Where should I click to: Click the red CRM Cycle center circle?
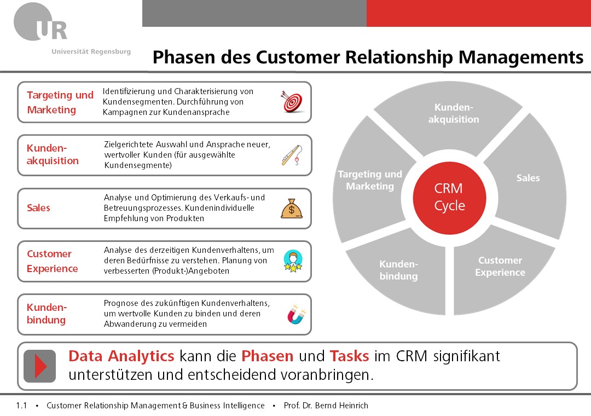click(x=449, y=197)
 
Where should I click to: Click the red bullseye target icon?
click(x=292, y=102)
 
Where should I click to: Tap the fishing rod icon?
click(x=292, y=155)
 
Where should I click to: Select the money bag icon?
click(x=292, y=208)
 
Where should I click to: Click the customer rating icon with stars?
click(x=293, y=261)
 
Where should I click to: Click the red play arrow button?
click(x=40, y=366)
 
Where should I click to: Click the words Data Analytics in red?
click(x=121, y=356)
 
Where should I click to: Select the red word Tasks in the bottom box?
click(x=349, y=356)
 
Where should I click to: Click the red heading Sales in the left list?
click(x=38, y=208)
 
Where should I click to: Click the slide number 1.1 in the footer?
click(x=21, y=406)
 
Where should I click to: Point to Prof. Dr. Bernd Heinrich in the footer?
click(x=326, y=406)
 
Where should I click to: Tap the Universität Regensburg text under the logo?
click(x=91, y=51)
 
